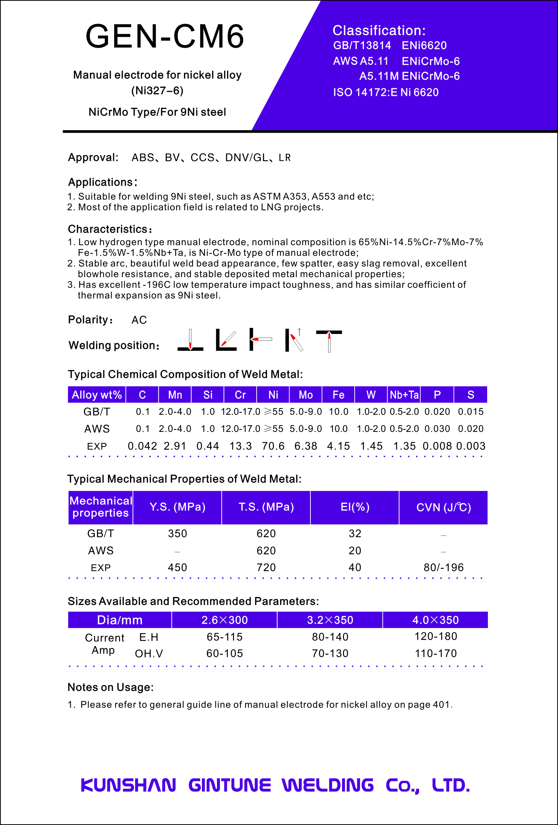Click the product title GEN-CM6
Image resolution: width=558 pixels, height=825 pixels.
(165, 36)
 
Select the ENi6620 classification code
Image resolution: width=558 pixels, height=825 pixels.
(424, 46)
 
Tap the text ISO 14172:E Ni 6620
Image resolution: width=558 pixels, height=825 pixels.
(386, 92)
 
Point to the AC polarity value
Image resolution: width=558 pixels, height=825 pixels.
(139, 320)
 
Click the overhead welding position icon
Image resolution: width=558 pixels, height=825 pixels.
(329, 340)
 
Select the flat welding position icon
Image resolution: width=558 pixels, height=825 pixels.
(190, 340)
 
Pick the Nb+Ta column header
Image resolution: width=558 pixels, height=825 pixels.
(404, 395)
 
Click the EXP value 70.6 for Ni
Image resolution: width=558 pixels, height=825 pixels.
(273, 446)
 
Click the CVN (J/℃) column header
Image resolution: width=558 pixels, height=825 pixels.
(444, 507)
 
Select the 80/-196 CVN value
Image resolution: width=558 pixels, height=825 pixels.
(444, 567)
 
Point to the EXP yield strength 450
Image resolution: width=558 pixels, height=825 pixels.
(177, 567)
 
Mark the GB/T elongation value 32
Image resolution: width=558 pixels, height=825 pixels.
(355, 534)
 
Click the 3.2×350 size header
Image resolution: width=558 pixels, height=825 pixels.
(330, 620)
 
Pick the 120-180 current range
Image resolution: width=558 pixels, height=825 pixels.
(436, 636)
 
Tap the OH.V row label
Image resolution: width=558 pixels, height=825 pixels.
(149, 653)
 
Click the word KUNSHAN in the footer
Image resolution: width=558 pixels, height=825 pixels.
(128, 785)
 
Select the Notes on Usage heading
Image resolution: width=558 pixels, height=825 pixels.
(111, 687)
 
